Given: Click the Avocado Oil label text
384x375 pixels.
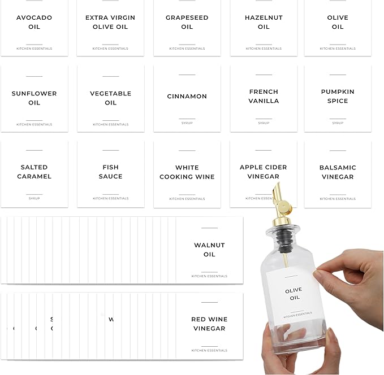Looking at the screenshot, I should point(34,22).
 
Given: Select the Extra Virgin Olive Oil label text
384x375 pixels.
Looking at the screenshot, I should point(110,22).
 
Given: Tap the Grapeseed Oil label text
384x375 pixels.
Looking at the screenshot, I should point(187,22).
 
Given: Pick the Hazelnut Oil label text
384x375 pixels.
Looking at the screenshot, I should point(264,22).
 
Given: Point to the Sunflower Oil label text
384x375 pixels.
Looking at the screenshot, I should point(34,98).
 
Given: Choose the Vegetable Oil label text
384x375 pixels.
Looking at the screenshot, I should point(110,98).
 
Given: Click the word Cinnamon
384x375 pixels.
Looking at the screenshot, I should point(187,96).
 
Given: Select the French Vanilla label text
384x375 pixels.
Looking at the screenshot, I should point(264,96).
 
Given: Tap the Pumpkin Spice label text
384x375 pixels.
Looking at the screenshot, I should point(338,96).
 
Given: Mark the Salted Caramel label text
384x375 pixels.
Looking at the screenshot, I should point(34,172).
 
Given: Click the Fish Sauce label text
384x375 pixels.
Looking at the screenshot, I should point(110,172).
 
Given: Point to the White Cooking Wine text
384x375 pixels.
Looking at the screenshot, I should point(187,172).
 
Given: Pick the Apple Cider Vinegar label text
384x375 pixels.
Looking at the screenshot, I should point(264,172).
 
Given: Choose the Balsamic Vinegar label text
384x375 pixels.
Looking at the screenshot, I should point(338,172).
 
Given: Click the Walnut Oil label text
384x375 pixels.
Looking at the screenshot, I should point(209,250).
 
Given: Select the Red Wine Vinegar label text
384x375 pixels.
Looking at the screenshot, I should point(209,324).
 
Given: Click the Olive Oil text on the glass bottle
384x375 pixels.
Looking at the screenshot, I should point(294,294).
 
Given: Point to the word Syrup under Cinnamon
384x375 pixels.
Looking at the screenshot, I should point(187,123).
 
